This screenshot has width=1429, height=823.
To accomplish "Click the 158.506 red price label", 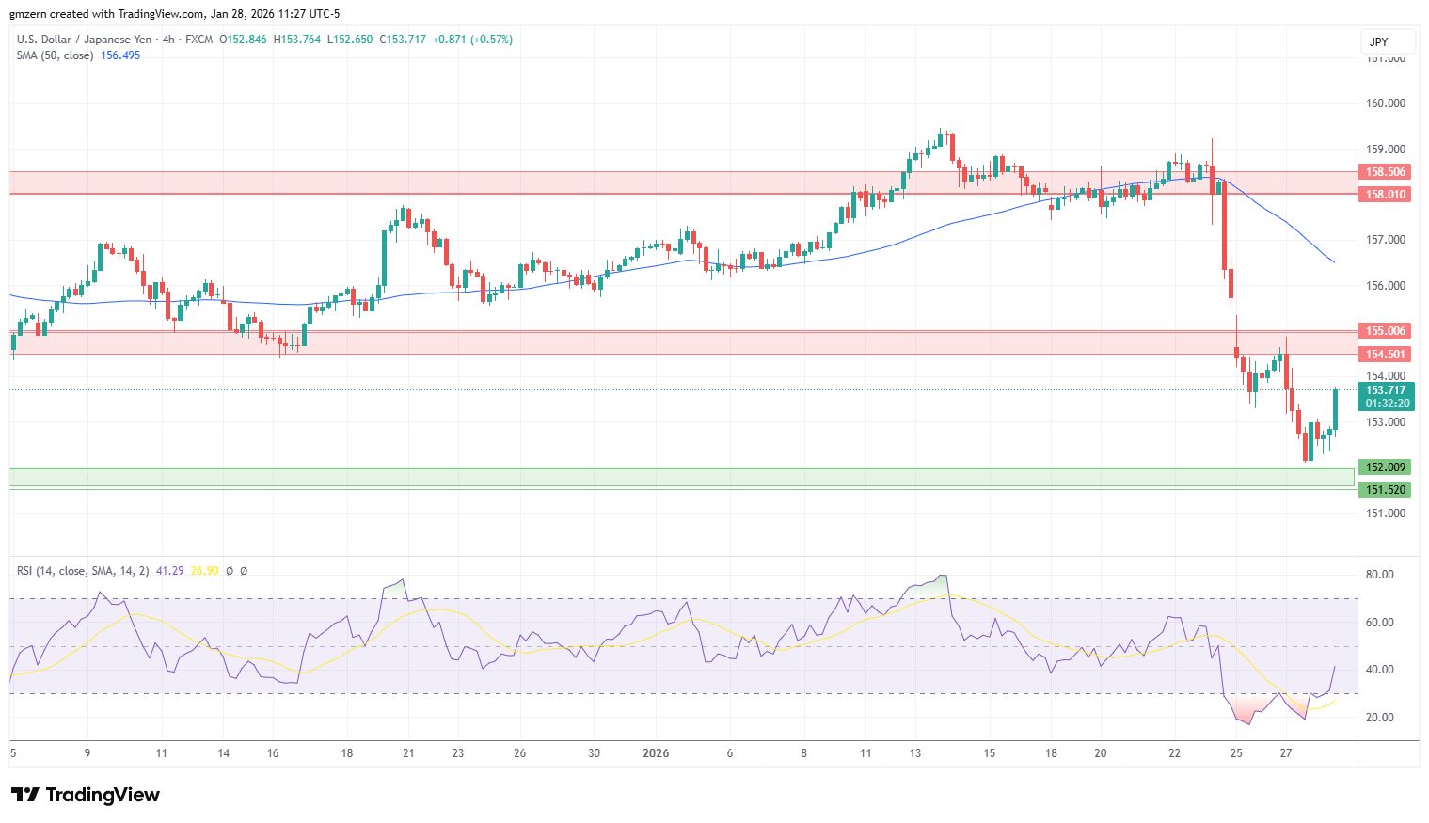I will click(1386, 172).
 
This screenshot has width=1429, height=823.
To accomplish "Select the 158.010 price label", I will click(1386, 195).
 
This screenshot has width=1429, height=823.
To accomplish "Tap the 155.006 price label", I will click(1386, 331).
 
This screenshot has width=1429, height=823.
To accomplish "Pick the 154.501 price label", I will click(1386, 355).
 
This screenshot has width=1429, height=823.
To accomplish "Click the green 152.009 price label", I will click(1386, 467).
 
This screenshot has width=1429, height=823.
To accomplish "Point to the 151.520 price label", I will click(1386, 490).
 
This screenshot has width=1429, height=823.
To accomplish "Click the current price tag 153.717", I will click(1386, 390).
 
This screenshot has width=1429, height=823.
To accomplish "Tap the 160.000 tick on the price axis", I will click(1385, 103).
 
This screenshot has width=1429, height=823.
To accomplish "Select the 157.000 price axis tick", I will click(1385, 240).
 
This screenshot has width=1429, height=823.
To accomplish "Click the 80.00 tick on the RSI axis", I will click(1380, 575).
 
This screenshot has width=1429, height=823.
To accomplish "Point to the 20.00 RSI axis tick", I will click(1380, 718).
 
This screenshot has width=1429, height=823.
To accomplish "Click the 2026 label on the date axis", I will click(656, 753).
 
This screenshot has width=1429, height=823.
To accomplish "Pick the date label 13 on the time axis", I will click(915, 753).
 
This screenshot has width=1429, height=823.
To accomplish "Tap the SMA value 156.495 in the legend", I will click(120, 55).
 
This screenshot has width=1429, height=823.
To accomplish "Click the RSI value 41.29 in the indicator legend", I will click(169, 571).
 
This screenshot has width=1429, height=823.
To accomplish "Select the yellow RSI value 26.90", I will click(204, 571).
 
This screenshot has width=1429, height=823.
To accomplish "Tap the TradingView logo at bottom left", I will click(86, 795).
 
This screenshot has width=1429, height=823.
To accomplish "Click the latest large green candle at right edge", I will click(1335, 409).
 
